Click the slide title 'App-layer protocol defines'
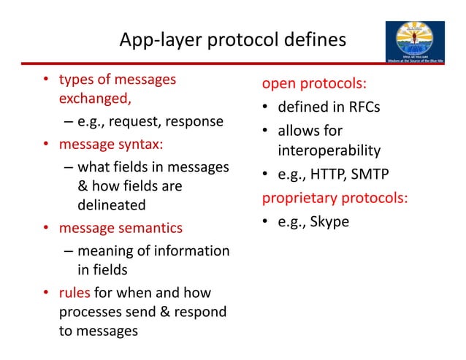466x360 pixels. pos(232,39)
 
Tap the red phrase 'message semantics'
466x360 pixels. pos(121,228)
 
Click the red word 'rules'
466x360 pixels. pos(75,293)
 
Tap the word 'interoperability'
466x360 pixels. pos(329,151)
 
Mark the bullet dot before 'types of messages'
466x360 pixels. pos(45,80)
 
